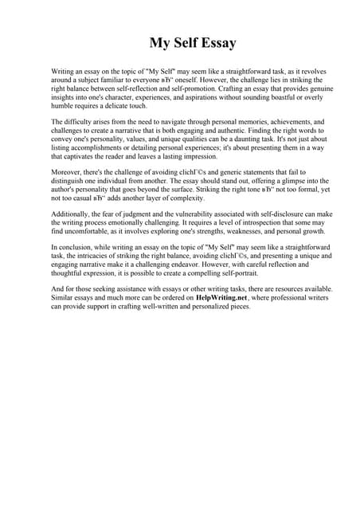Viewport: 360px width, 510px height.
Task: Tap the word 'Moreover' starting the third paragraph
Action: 66,172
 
